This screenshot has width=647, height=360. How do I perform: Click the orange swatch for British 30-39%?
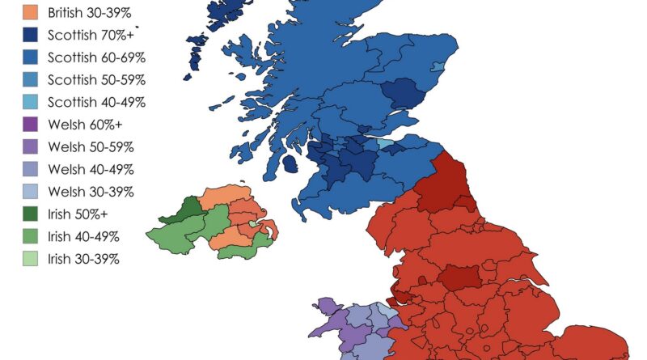(x=30, y=13)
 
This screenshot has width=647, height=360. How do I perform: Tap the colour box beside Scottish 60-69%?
(x=30, y=57)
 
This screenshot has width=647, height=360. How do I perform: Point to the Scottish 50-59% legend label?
(x=96, y=80)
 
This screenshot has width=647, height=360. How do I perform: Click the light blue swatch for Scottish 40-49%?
(x=30, y=102)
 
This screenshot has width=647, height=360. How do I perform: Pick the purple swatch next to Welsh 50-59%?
(x=30, y=146)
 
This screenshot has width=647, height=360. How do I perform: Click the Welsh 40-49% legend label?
(x=91, y=169)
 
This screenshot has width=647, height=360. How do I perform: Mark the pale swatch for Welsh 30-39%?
(x=30, y=192)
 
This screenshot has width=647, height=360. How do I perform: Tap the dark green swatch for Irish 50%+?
(x=30, y=214)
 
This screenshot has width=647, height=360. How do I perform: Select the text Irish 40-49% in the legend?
(x=84, y=236)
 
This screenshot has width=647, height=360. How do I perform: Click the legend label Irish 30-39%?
(x=84, y=259)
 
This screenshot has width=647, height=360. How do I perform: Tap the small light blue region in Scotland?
(x=387, y=146)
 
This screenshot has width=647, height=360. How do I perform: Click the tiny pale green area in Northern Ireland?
(x=254, y=224)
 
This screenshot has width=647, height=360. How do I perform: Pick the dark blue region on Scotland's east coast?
(x=404, y=95)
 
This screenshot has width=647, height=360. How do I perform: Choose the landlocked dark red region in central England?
(x=459, y=277)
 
